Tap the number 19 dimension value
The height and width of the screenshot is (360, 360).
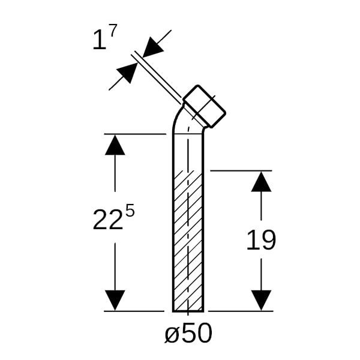(x=261, y=239)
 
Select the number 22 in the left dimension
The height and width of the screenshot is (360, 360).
(x=107, y=219)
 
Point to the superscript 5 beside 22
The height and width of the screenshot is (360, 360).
(x=130, y=211)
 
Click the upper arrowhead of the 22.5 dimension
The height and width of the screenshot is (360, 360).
(x=115, y=145)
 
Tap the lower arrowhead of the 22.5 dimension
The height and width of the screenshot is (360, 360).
(x=115, y=301)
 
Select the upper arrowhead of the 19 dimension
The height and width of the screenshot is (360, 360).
(x=261, y=182)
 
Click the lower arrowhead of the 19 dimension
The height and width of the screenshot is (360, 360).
(x=261, y=301)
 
